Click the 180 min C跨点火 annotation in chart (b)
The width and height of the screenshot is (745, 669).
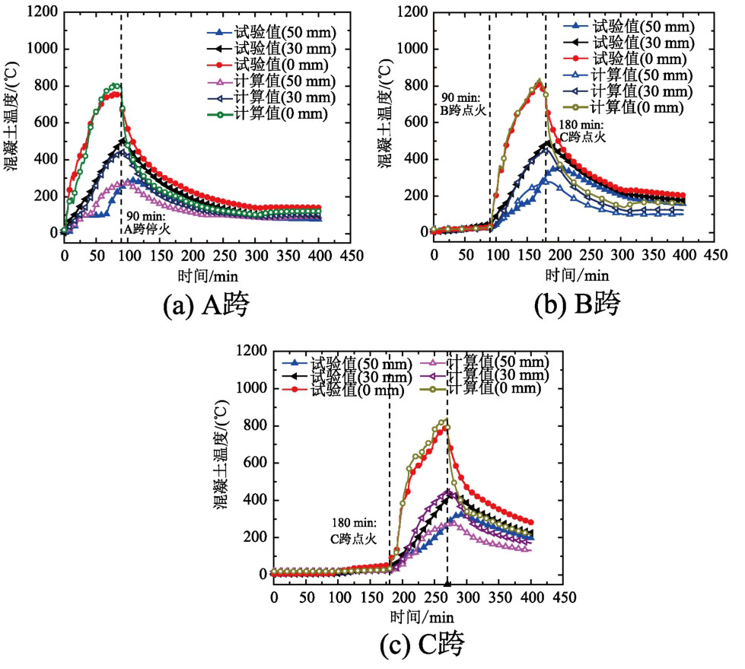(x=581, y=131)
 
